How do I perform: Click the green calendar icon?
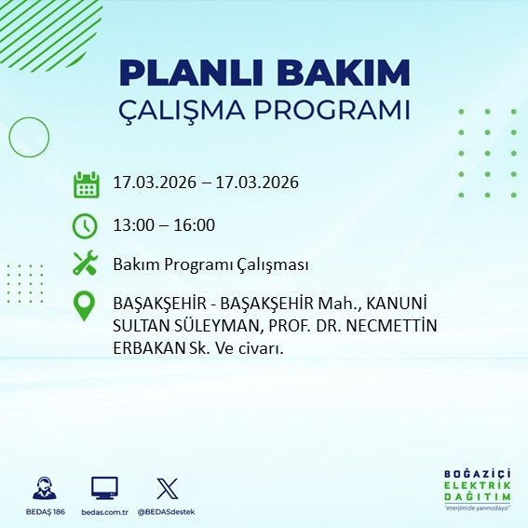pyautogui.click(x=86, y=184)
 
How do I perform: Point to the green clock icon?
pyautogui.click(x=85, y=225)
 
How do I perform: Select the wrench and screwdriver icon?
pyautogui.click(x=85, y=264)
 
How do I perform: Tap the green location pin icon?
pyautogui.click(x=85, y=305)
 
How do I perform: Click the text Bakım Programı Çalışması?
pyautogui.click(x=210, y=264)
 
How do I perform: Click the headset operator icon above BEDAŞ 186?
pyautogui.click(x=43, y=488)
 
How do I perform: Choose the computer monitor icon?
pyautogui.click(x=103, y=488)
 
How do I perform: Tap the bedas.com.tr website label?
pyautogui.click(x=104, y=512)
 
